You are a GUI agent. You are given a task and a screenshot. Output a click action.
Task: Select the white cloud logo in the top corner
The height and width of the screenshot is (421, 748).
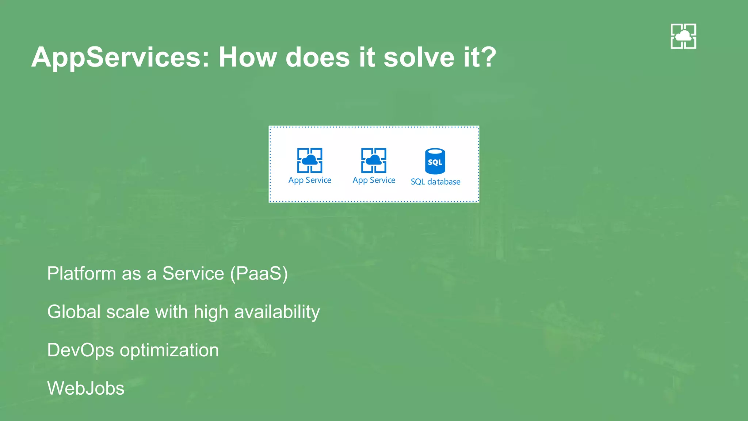point(683,36)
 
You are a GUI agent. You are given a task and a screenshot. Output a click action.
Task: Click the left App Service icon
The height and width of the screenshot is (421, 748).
point(310,160)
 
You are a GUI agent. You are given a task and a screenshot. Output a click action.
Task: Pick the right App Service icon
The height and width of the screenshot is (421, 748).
point(374,160)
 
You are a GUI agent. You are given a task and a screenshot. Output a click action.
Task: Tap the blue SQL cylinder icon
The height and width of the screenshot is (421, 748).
point(435,161)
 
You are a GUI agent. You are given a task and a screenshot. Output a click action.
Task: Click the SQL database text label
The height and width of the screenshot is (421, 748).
point(435,182)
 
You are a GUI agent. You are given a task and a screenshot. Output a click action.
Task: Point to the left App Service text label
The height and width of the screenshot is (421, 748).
point(310,180)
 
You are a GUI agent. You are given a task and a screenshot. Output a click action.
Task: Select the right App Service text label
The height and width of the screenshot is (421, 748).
point(374,180)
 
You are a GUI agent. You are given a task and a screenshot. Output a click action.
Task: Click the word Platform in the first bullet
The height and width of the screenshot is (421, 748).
point(81,273)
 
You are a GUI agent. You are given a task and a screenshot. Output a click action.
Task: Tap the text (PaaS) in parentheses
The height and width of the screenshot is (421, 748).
point(259,273)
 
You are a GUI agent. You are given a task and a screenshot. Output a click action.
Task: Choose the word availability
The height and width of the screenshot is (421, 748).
point(277,312)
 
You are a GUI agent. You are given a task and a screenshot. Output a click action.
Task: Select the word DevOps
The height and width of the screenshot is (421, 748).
point(81,350)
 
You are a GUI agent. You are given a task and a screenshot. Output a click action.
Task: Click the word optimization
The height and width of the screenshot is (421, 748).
point(169,350)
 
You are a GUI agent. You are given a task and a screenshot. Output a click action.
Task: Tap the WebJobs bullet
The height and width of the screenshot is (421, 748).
point(86,388)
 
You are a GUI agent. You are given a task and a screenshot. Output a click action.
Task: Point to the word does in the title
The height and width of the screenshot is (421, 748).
point(317,57)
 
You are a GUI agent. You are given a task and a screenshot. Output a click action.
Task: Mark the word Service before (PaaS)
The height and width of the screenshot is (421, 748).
point(193,273)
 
